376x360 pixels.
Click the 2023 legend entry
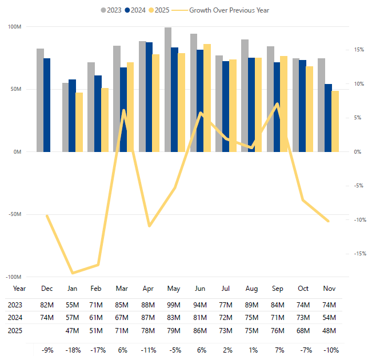pos(113,10)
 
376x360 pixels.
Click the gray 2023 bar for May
pos(168,89)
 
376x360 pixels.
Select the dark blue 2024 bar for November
pos(328,118)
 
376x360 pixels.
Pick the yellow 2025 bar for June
pos(207,98)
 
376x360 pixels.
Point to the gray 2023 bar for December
pos(40,100)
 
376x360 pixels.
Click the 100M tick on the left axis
pos(15,27)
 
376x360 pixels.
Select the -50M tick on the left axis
pos(14,214)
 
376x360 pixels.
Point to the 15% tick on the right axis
pos(358,50)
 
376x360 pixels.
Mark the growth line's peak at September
pos(277,104)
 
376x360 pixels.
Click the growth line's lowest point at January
pos(73,273)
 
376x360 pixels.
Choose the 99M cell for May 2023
pos(173,305)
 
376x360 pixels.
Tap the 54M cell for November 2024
pos(329,318)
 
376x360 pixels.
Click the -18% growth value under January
pos(73,349)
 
